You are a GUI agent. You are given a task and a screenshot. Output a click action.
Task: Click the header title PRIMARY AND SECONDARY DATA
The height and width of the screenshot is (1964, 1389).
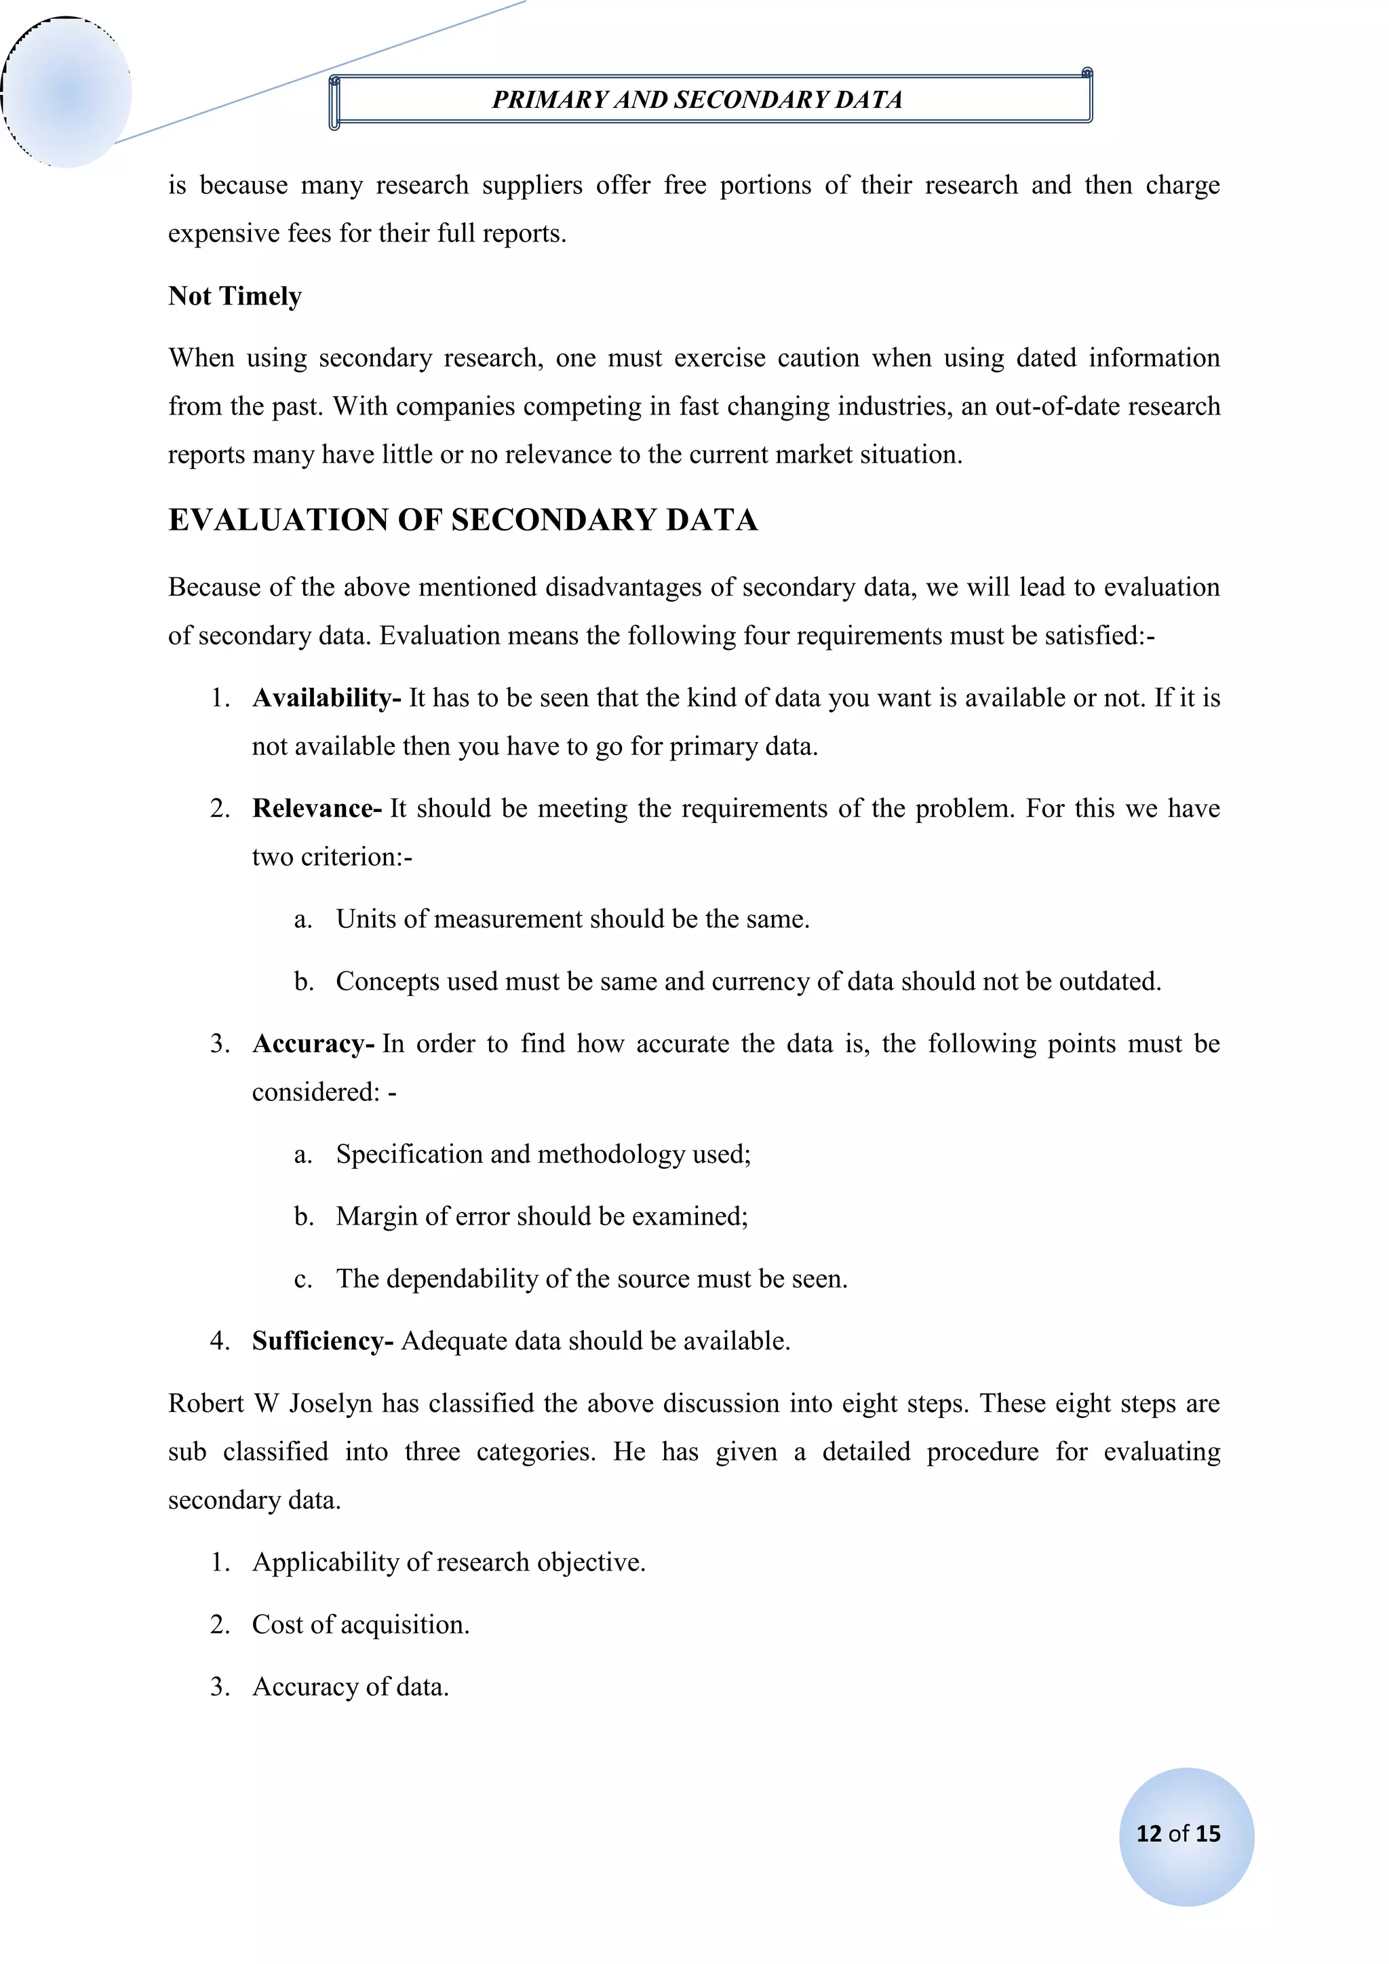tap(697, 100)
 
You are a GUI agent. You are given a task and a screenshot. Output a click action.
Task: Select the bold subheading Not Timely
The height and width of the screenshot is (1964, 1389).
tap(235, 296)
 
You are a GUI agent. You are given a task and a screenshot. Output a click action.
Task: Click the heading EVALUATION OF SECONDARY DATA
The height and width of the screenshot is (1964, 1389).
tap(463, 520)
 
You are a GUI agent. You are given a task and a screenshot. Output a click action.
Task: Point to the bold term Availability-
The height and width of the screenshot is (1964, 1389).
tap(326, 698)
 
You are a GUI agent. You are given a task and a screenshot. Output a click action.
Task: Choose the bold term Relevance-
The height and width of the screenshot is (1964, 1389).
tap(317, 809)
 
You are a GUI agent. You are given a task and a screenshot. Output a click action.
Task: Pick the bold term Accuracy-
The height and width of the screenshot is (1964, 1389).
tap(313, 1043)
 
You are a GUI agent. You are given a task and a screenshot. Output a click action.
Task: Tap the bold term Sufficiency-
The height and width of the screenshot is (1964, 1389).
tap(322, 1341)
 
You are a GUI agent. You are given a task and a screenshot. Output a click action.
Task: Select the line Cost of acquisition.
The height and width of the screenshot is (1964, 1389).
tap(360, 1623)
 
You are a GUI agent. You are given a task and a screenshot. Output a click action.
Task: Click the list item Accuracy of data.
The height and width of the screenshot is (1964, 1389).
tap(350, 1686)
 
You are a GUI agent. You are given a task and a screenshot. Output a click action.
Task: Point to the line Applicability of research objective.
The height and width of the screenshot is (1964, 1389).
tap(448, 1561)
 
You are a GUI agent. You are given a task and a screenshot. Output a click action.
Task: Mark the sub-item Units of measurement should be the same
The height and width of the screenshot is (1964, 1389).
tap(572, 919)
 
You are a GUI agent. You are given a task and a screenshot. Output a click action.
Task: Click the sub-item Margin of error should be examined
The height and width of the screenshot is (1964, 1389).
tap(541, 1216)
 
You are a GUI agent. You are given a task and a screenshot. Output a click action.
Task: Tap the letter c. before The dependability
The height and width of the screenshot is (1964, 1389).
tap(302, 1279)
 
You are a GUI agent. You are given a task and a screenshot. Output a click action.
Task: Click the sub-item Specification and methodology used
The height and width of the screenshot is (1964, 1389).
tap(543, 1154)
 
